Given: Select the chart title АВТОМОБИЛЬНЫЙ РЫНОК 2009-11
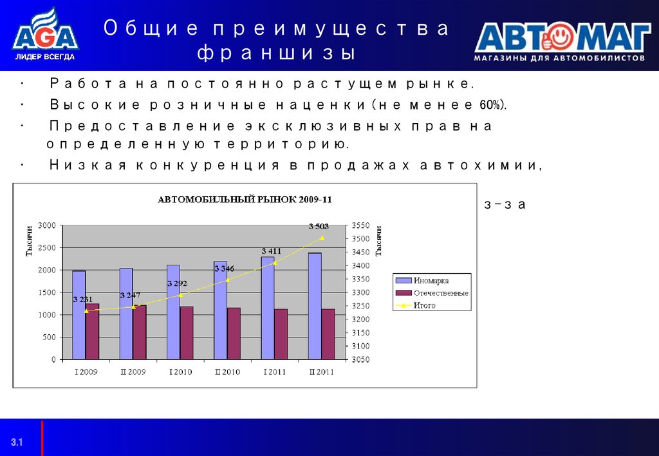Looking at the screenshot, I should [x=245, y=199].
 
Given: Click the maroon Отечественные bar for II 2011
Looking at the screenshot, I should [x=328, y=334].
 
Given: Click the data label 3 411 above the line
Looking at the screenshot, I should [x=271, y=251].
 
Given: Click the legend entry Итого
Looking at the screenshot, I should [x=424, y=305].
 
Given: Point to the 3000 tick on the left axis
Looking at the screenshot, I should [x=47, y=225].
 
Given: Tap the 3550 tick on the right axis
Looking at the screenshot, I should [x=360, y=225].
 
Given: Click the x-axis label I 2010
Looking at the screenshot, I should [x=180, y=372].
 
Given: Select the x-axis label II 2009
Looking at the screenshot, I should [x=133, y=372].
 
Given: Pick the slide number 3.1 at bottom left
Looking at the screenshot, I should [x=16, y=442].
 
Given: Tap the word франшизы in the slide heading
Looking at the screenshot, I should [x=275, y=53].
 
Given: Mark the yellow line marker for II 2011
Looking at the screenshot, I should [x=322, y=238].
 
